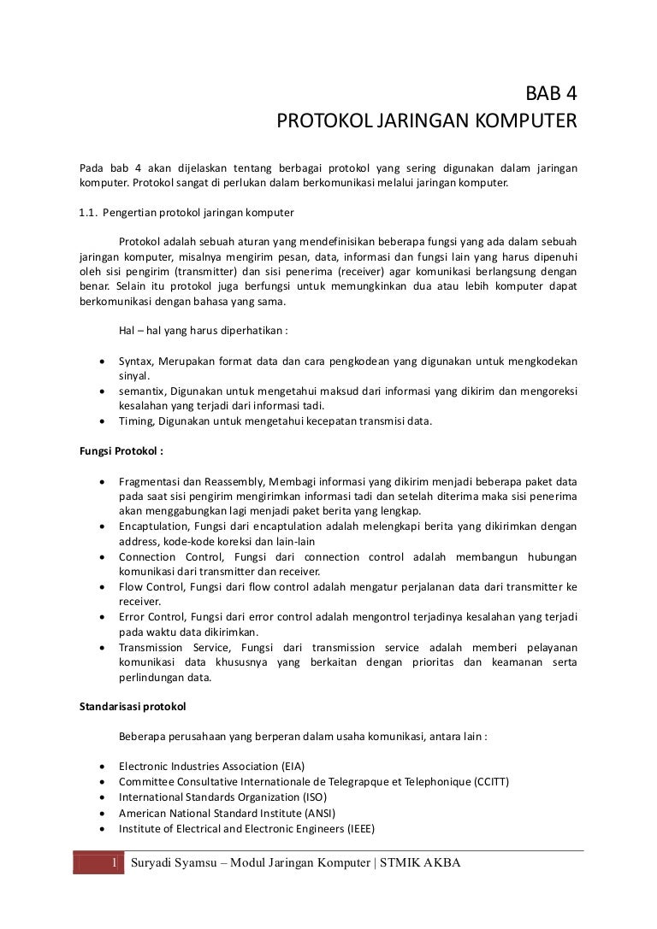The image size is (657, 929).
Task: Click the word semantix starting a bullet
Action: coord(142,391)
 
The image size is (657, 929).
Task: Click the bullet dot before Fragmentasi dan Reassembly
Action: coord(103,482)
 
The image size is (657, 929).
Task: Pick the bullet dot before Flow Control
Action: coord(103,587)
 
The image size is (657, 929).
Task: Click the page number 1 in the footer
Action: coord(114,862)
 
